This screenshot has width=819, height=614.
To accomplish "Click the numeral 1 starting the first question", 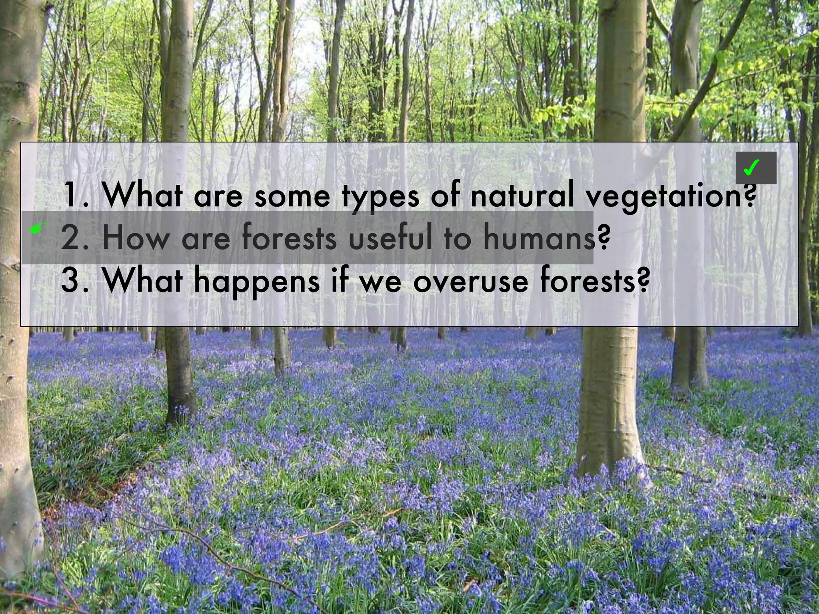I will [71, 195].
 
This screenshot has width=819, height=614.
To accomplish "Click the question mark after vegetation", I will [750, 195].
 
